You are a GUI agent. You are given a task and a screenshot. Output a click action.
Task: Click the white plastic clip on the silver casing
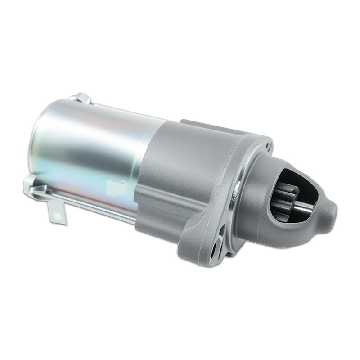[118, 184]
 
